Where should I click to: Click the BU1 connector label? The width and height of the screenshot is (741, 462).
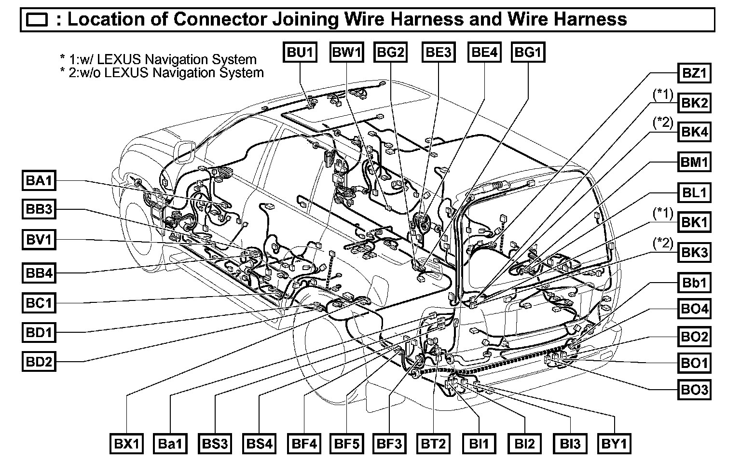[300, 52]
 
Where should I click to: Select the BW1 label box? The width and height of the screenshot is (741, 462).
[346, 52]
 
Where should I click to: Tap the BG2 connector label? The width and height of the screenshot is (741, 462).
[391, 52]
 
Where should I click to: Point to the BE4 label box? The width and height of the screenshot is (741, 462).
[484, 52]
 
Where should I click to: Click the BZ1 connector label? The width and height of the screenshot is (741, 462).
[694, 74]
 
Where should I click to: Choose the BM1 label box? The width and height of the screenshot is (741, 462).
[694, 162]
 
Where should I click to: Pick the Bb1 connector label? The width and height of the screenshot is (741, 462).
[694, 282]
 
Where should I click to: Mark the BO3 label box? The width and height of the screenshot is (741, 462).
[694, 389]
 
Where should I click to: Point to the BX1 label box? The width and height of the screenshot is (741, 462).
[126, 443]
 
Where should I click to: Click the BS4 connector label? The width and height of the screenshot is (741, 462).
[260, 443]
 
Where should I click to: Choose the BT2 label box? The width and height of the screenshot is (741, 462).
[434, 443]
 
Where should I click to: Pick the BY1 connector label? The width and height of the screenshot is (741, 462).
[614, 443]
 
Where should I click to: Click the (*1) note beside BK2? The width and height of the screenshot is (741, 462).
[663, 95]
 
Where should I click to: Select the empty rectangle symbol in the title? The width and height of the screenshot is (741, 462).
[37, 20]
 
